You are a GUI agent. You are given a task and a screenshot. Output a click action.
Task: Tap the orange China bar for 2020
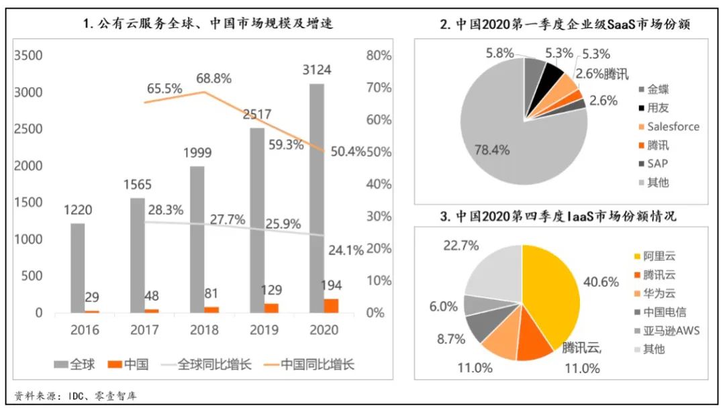tap(331, 305)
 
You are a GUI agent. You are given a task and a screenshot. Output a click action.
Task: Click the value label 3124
tap(316, 70)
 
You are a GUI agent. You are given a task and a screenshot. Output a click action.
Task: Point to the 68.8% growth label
tap(213, 79)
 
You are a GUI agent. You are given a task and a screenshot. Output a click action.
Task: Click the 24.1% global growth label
tap(346, 250)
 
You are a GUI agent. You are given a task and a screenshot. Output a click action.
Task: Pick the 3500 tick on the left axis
tap(28, 56)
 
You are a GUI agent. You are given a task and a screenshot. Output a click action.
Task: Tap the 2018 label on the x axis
tap(205, 329)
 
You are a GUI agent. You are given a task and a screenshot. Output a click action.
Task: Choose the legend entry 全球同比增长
tap(215, 365)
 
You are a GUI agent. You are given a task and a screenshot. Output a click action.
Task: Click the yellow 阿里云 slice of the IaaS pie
tap(550, 289)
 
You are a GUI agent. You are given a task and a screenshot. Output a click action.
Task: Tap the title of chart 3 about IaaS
tap(557, 217)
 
